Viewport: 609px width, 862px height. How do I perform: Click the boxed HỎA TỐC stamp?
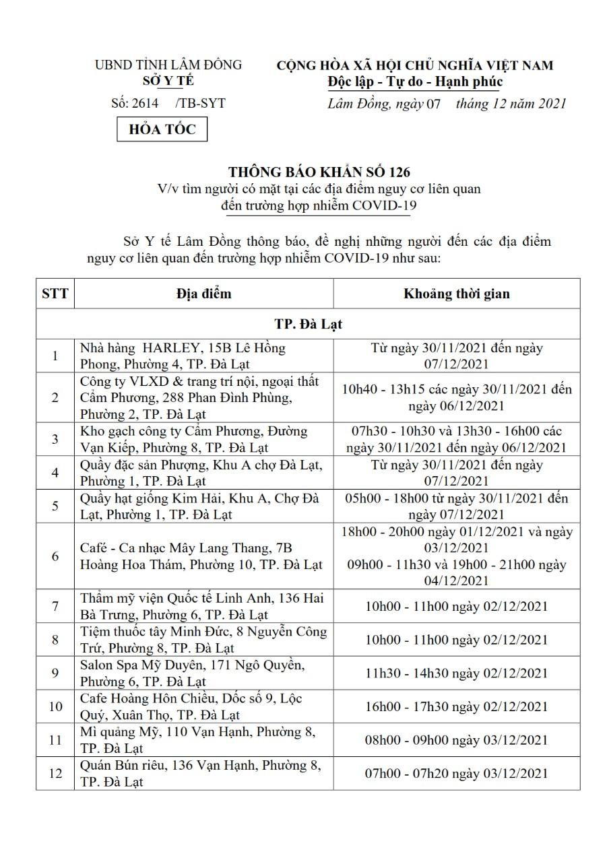click(x=162, y=129)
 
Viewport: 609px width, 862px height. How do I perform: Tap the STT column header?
click(x=55, y=294)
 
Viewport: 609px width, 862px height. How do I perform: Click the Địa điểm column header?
click(x=204, y=294)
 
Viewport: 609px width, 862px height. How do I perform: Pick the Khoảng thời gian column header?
click(x=457, y=294)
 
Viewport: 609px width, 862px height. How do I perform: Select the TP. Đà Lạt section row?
click(x=308, y=324)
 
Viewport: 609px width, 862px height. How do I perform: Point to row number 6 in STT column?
click(x=55, y=556)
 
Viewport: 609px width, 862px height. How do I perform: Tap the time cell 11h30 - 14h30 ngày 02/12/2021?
click(x=457, y=673)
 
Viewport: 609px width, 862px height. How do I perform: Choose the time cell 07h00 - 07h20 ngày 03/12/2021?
click(x=457, y=773)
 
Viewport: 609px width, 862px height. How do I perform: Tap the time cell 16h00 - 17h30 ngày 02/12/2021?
click(x=457, y=706)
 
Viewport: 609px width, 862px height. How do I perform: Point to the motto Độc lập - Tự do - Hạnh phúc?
click(x=415, y=82)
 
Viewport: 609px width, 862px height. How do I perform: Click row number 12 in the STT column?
click(x=55, y=773)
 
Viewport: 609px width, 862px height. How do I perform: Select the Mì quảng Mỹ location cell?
click(x=197, y=739)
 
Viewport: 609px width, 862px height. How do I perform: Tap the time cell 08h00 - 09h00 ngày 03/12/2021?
click(x=457, y=740)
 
